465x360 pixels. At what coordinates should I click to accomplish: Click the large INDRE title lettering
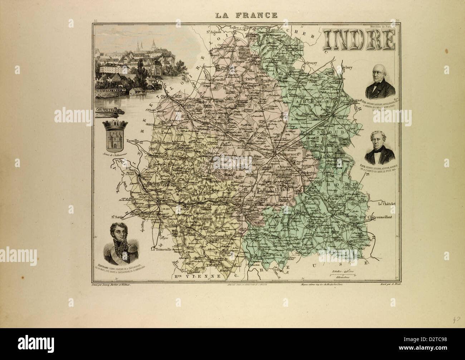point(359,40)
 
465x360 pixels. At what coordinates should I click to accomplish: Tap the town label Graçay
point(312,63)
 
